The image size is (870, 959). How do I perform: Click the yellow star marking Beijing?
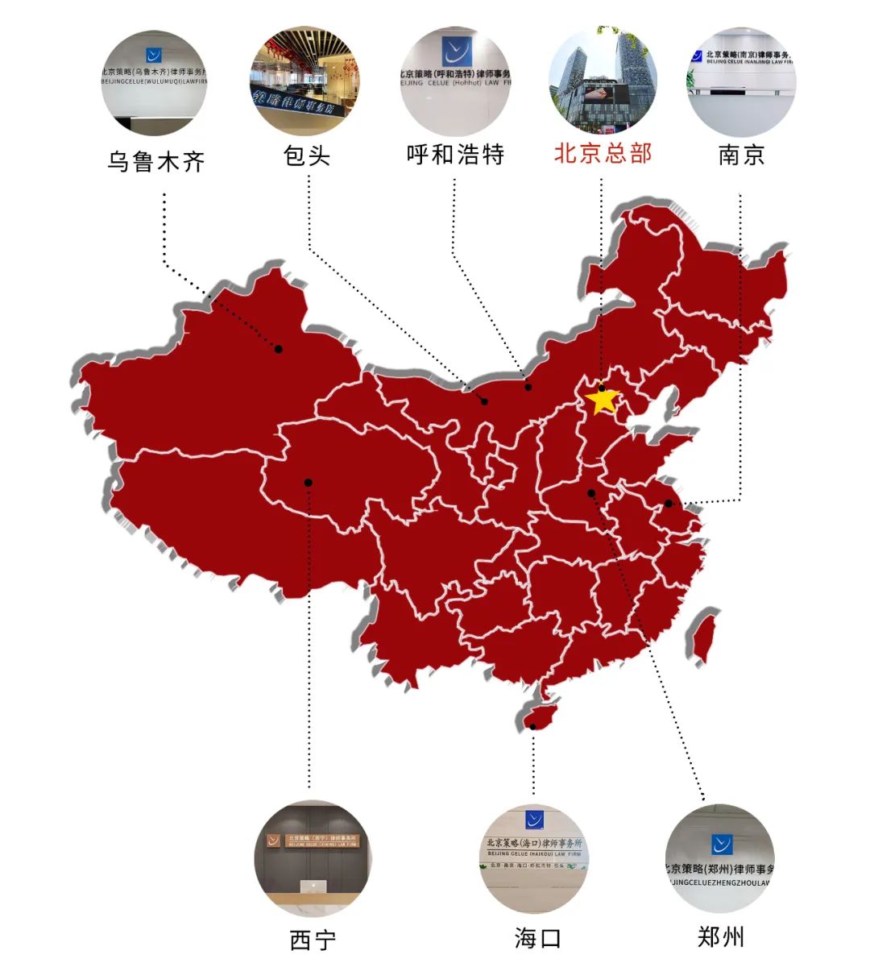click(603, 400)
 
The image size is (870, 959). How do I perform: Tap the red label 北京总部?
click(603, 153)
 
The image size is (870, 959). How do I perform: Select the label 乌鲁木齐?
click(156, 162)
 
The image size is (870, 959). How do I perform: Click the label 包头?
click(307, 155)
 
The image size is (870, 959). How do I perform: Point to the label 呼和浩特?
click(455, 154)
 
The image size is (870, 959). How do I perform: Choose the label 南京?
click(741, 154)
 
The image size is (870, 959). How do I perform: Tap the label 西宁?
click(313, 940)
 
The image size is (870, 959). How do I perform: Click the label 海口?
click(537, 938)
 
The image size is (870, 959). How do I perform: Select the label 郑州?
click(720, 937)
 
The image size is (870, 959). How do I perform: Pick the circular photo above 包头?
click(304, 81)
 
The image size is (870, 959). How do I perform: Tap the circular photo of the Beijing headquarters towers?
click(603, 81)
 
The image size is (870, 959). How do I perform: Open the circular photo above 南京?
click(742, 81)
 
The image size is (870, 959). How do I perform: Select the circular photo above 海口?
click(534, 859)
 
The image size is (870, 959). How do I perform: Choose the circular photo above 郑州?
click(719, 859)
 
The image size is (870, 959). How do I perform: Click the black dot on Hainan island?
click(533, 726)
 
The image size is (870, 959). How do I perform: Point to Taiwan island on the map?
click(702, 633)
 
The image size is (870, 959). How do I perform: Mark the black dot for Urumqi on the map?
click(278, 349)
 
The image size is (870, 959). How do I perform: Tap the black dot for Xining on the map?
click(308, 483)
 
